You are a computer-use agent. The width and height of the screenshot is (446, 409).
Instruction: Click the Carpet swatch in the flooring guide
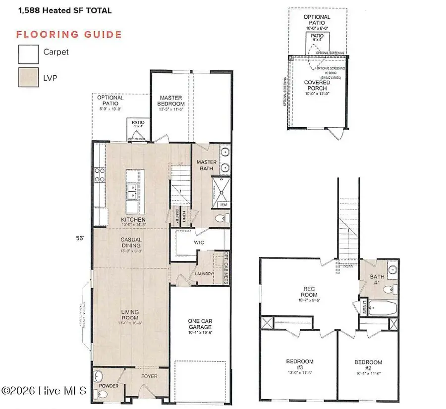(x=29, y=54)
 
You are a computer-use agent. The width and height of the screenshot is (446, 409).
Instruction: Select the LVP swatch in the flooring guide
(x=29, y=78)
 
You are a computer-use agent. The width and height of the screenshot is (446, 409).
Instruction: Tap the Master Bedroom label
(x=171, y=101)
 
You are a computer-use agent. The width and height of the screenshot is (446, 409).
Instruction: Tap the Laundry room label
(x=204, y=274)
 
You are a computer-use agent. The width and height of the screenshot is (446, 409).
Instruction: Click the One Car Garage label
(x=200, y=325)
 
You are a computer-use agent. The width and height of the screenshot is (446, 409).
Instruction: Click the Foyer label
(x=149, y=376)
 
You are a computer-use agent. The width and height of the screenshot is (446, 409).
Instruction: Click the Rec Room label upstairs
(x=313, y=288)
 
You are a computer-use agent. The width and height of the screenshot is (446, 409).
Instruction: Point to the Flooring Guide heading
(x=69, y=34)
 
